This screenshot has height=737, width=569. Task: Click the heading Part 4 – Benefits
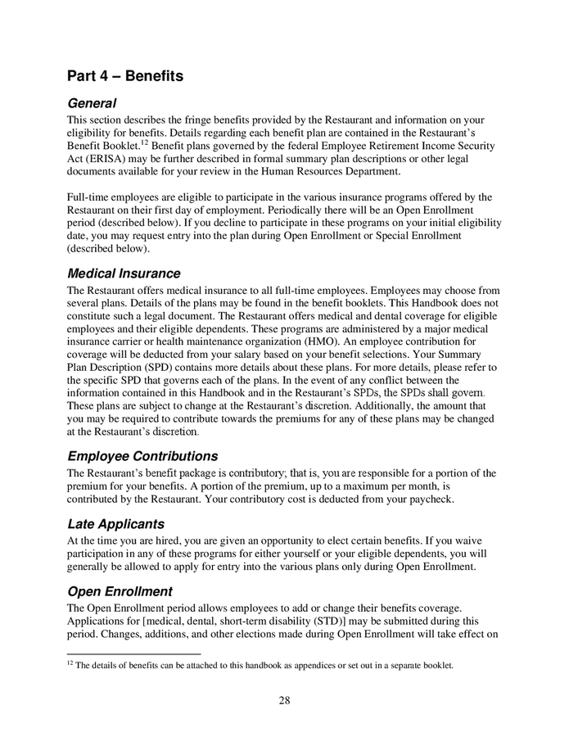[x=125, y=77]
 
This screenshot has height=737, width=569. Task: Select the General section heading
[x=92, y=104]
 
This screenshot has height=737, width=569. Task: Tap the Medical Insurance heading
[x=124, y=274]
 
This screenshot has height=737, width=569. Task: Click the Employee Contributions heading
[x=142, y=455]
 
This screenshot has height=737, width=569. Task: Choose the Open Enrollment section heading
[x=120, y=591]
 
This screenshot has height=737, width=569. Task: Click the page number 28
[x=284, y=699]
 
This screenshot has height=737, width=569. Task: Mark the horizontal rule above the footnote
[x=133, y=654]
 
